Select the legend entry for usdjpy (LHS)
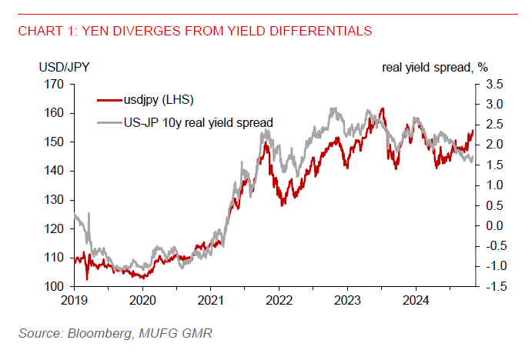coord(158,99)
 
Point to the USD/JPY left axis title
coord(63,67)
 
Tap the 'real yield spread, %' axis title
coord(435,67)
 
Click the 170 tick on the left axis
coord(55,84)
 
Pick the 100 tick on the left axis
coord(55,287)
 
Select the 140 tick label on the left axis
coord(55,171)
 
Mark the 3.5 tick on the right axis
coord(494,84)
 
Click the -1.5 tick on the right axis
coord(493,287)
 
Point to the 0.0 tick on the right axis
coord(494,225)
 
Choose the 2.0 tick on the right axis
coord(494,145)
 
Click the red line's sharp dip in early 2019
coord(87,278)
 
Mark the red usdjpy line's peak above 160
coord(383,109)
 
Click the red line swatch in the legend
coord(109,99)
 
